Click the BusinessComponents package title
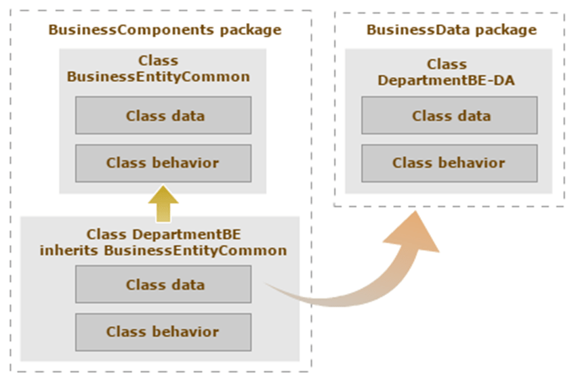tap(165, 30)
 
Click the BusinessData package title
tap(451, 30)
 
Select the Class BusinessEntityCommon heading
tap(159, 68)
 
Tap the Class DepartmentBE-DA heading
tap(447, 72)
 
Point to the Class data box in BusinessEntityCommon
tap(163, 116)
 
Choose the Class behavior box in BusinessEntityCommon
tap(163, 163)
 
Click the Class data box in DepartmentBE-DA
tap(449, 116)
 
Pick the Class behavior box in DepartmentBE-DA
tap(449, 163)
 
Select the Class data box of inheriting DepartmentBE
tap(163, 284)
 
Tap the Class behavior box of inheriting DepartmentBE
tap(163, 332)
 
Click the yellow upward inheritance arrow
tap(163, 204)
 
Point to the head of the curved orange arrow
tap(415, 212)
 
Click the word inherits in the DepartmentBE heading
tap(68, 250)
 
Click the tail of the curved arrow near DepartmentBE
tap(265, 284)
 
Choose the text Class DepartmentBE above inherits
tap(163, 234)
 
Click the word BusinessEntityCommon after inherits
tap(195, 250)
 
